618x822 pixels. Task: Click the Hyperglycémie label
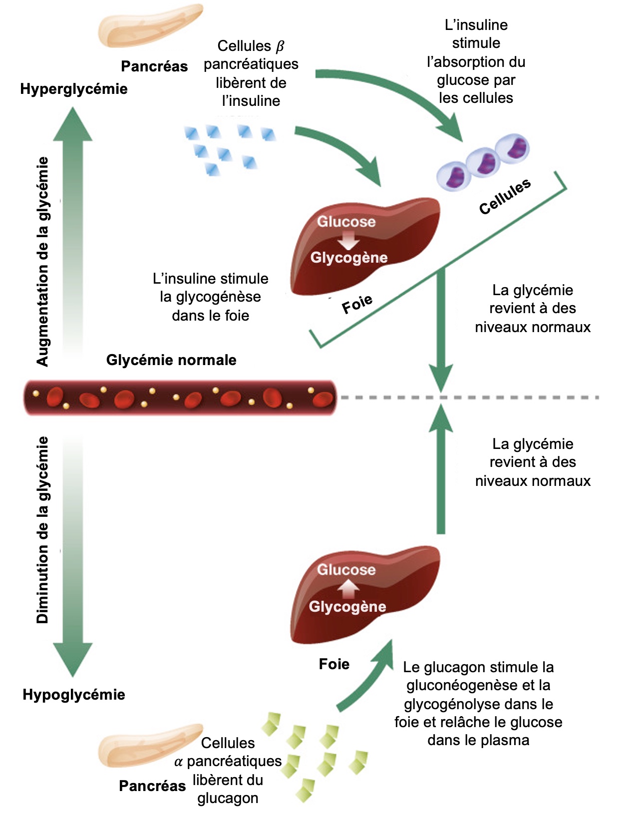[x=74, y=89]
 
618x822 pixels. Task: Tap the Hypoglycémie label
[x=74, y=695]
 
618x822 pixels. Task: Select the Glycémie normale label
[x=171, y=360]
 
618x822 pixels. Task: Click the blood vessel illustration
[x=180, y=398]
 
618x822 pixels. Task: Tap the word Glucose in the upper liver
[x=346, y=221]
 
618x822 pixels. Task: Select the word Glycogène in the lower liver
[x=347, y=606]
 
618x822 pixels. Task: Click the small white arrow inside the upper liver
[x=348, y=241]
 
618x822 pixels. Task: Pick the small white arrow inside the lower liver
[x=348, y=588]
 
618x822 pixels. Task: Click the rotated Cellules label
[x=505, y=197]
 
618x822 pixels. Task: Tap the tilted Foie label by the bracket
[x=357, y=304]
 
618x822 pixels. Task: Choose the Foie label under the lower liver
[x=334, y=664]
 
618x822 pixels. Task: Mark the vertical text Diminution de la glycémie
[x=43, y=529]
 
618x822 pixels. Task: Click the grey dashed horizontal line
[x=469, y=398]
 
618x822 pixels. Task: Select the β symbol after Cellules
[x=280, y=46]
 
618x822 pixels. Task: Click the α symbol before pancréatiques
[x=179, y=762]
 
